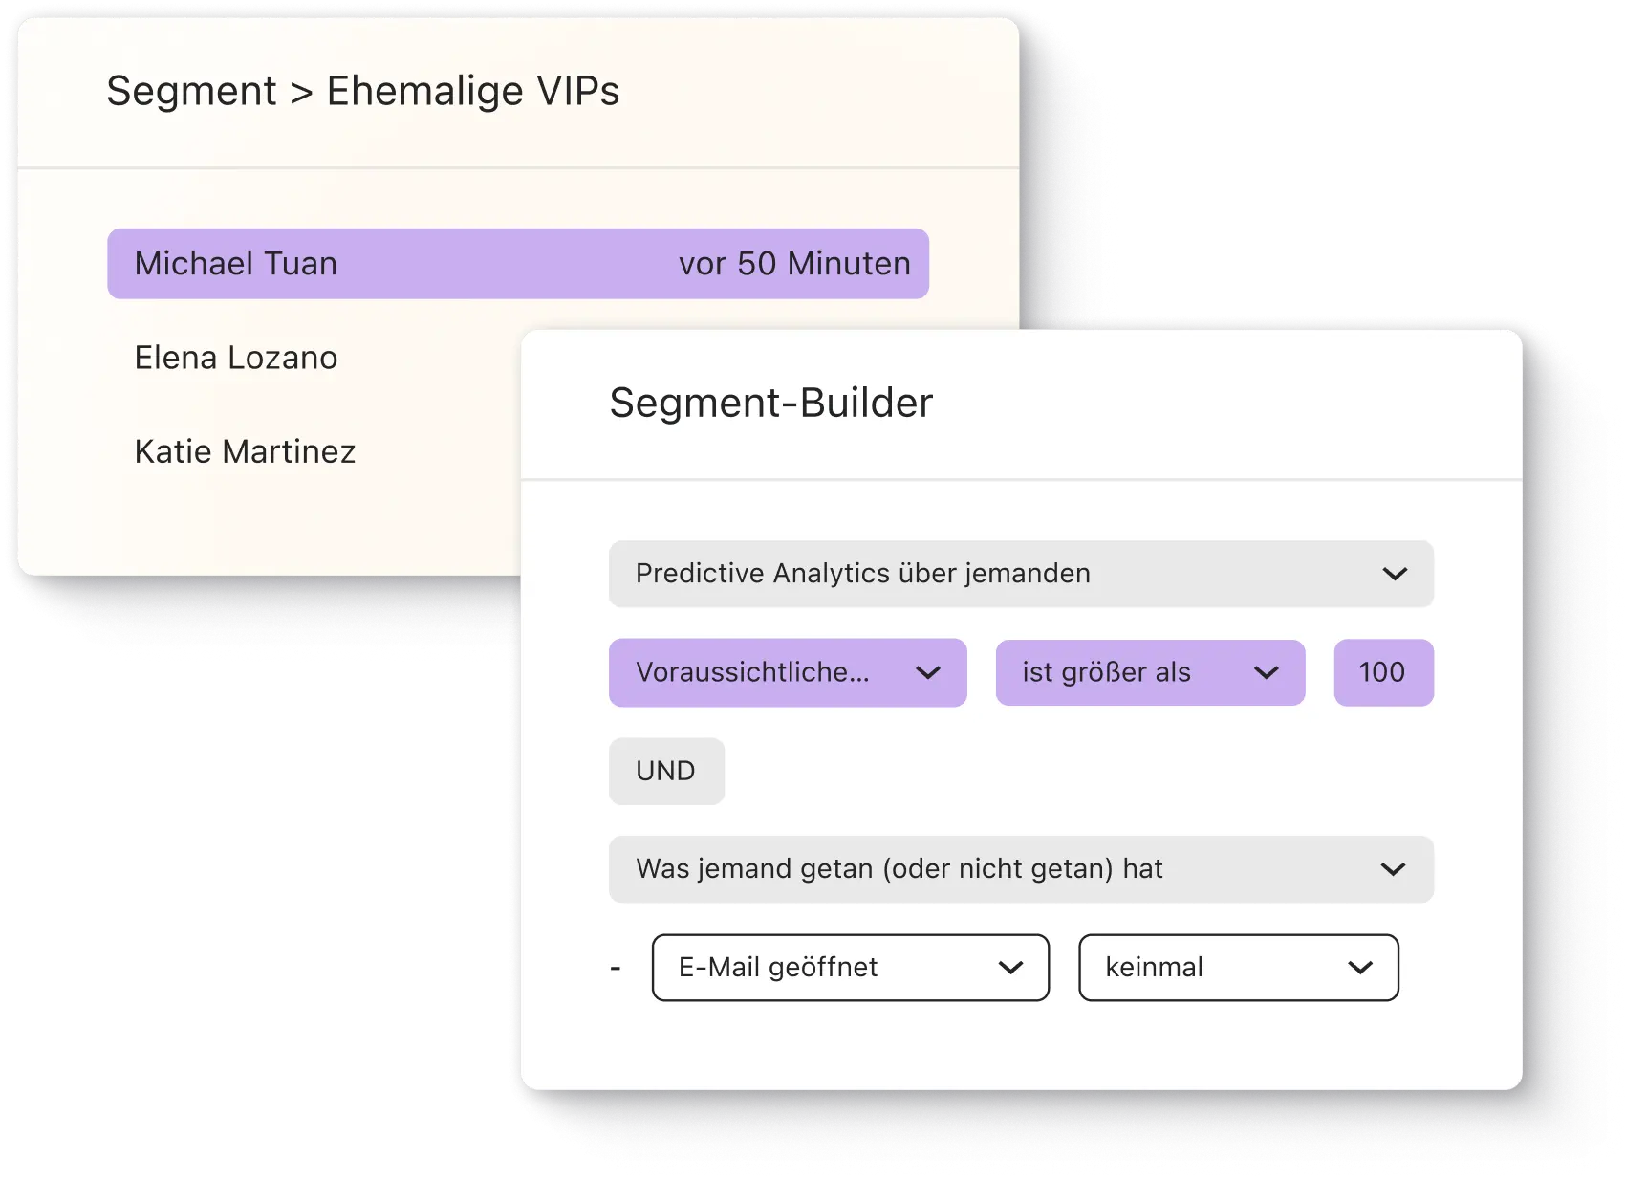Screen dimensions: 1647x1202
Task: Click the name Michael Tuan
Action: click(235, 264)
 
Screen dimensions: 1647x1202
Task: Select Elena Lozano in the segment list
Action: click(235, 358)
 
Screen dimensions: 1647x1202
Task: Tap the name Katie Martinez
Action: click(245, 451)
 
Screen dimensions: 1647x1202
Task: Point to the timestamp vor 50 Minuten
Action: click(794, 264)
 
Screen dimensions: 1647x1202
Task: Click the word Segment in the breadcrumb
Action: click(191, 92)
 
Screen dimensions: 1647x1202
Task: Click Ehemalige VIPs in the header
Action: click(473, 92)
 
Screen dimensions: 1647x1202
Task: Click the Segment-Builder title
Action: click(770, 403)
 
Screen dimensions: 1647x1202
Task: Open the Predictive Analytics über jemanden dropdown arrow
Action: click(1395, 574)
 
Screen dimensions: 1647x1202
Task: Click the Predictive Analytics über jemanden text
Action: click(862, 574)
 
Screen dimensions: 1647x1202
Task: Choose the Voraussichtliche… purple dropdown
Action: click(753, 672)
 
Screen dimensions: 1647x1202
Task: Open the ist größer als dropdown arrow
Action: click(1266, 673)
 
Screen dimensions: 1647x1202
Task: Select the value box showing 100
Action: click(1382, 672)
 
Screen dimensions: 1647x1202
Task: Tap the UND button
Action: click(666, 771)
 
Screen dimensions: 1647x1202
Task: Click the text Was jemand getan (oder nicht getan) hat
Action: click(899, 869)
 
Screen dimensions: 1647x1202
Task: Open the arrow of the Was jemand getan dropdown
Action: click(1393, 869)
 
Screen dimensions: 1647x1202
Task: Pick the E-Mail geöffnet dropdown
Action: click(778, 968)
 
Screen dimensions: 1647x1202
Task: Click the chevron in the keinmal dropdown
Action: click(1359, 968)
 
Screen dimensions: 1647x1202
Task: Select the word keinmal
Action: click(1154, 968)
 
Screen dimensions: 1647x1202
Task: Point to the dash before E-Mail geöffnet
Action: click(616, 969)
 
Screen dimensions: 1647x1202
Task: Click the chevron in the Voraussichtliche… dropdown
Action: click(927, 673)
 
